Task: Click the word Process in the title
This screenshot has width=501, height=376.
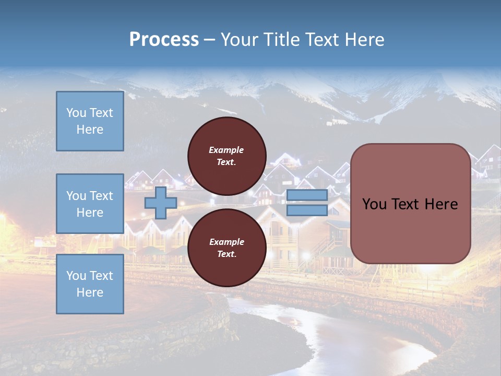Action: pyautogui.click(x=164, y=40)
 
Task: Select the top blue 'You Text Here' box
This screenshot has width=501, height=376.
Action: pyautogui.click(x=90, y=121)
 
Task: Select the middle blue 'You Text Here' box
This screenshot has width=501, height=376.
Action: pyautogui.click(x=90, y=204)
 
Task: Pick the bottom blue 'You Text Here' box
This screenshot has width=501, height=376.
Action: pyautogui.click(x=90, y=284)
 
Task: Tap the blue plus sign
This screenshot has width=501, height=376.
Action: pyautogui.click(x=161, y=203)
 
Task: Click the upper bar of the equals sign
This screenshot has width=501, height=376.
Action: pyautogui.click(x=307, y=195)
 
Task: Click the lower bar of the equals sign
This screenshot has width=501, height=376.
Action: pyautogui.click(x=307, y=210)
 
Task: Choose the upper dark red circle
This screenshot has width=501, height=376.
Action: pyautogui.click(x=226, y=156)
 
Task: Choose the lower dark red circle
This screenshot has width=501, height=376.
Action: pyautogui.click(x=226, y=248)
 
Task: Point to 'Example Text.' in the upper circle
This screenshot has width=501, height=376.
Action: pyautogui.click(x=226, y=156)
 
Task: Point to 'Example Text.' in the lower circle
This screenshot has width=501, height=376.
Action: pyautogui.click(x=226, y=248)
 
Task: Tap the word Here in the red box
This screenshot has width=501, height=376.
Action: pyautogui.click(x=441, y=204)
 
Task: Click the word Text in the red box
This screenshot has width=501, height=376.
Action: pyautogui.click(x=405, y=204)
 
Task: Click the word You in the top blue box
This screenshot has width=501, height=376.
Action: pyautogui.click(x=76, y=113)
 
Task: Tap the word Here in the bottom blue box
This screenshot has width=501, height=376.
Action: pyautogui.click(x=90, y=292)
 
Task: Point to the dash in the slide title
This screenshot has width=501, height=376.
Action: pyautogui.click(x=209, y=41)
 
